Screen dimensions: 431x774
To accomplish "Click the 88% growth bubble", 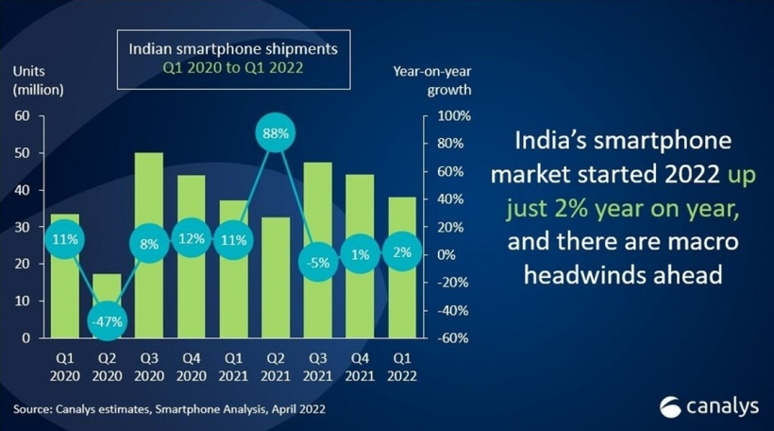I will (x=277, y=133).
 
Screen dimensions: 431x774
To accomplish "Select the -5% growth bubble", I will (x=318, y=262).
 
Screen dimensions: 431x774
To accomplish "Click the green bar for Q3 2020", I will (x=149, y=208).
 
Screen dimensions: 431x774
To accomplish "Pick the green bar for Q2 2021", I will (x=276, y=284).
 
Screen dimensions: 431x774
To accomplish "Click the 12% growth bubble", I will (x=192, y=239).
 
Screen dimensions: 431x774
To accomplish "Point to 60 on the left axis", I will (x=22, y=115).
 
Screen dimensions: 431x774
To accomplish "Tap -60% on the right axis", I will (x=447, y=338).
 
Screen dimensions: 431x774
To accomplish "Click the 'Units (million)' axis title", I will (x=38, y=80).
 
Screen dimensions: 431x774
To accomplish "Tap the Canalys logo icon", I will (x=671, y=406).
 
